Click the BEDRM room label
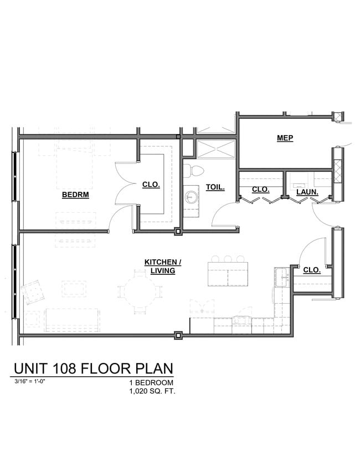[x=75, y=194]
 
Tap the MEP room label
[x=285, y=138]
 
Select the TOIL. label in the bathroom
[x=215, y=187]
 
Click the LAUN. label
[x=306, y=192]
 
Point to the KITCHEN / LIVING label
[x=163, y=266]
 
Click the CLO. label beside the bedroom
[x=151, y=185]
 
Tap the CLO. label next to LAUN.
[x=260, y=189]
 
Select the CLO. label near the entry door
[x=312, y=270]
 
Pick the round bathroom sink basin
[x=192, y=196]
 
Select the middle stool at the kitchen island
[x=228, y=259]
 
